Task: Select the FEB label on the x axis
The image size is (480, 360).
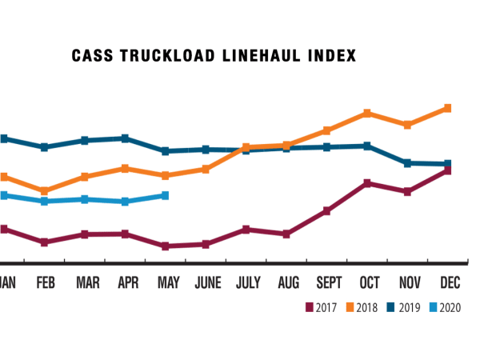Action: click(45, 282)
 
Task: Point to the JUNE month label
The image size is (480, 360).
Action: click(208, 282)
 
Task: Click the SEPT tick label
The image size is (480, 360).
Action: click(328, 282)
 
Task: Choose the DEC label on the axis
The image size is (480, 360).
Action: click(449, 282)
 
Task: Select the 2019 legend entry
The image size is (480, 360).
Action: click(410, 307)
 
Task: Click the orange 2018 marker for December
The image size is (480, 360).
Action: click(448, 108)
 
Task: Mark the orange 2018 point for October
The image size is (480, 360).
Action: click(367, 113)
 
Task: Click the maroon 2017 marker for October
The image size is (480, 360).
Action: click(367, 183)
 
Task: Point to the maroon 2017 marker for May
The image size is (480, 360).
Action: click(165, 246)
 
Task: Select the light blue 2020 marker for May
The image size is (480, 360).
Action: click(165, 195)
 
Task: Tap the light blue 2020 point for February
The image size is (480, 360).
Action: click(45, 201)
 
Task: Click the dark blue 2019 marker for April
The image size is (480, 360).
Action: click(125, 138)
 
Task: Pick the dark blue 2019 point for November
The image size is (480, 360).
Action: click(407, 163)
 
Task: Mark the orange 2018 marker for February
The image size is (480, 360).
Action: click(45, 191)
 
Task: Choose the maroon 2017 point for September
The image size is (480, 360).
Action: click(327, 211)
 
